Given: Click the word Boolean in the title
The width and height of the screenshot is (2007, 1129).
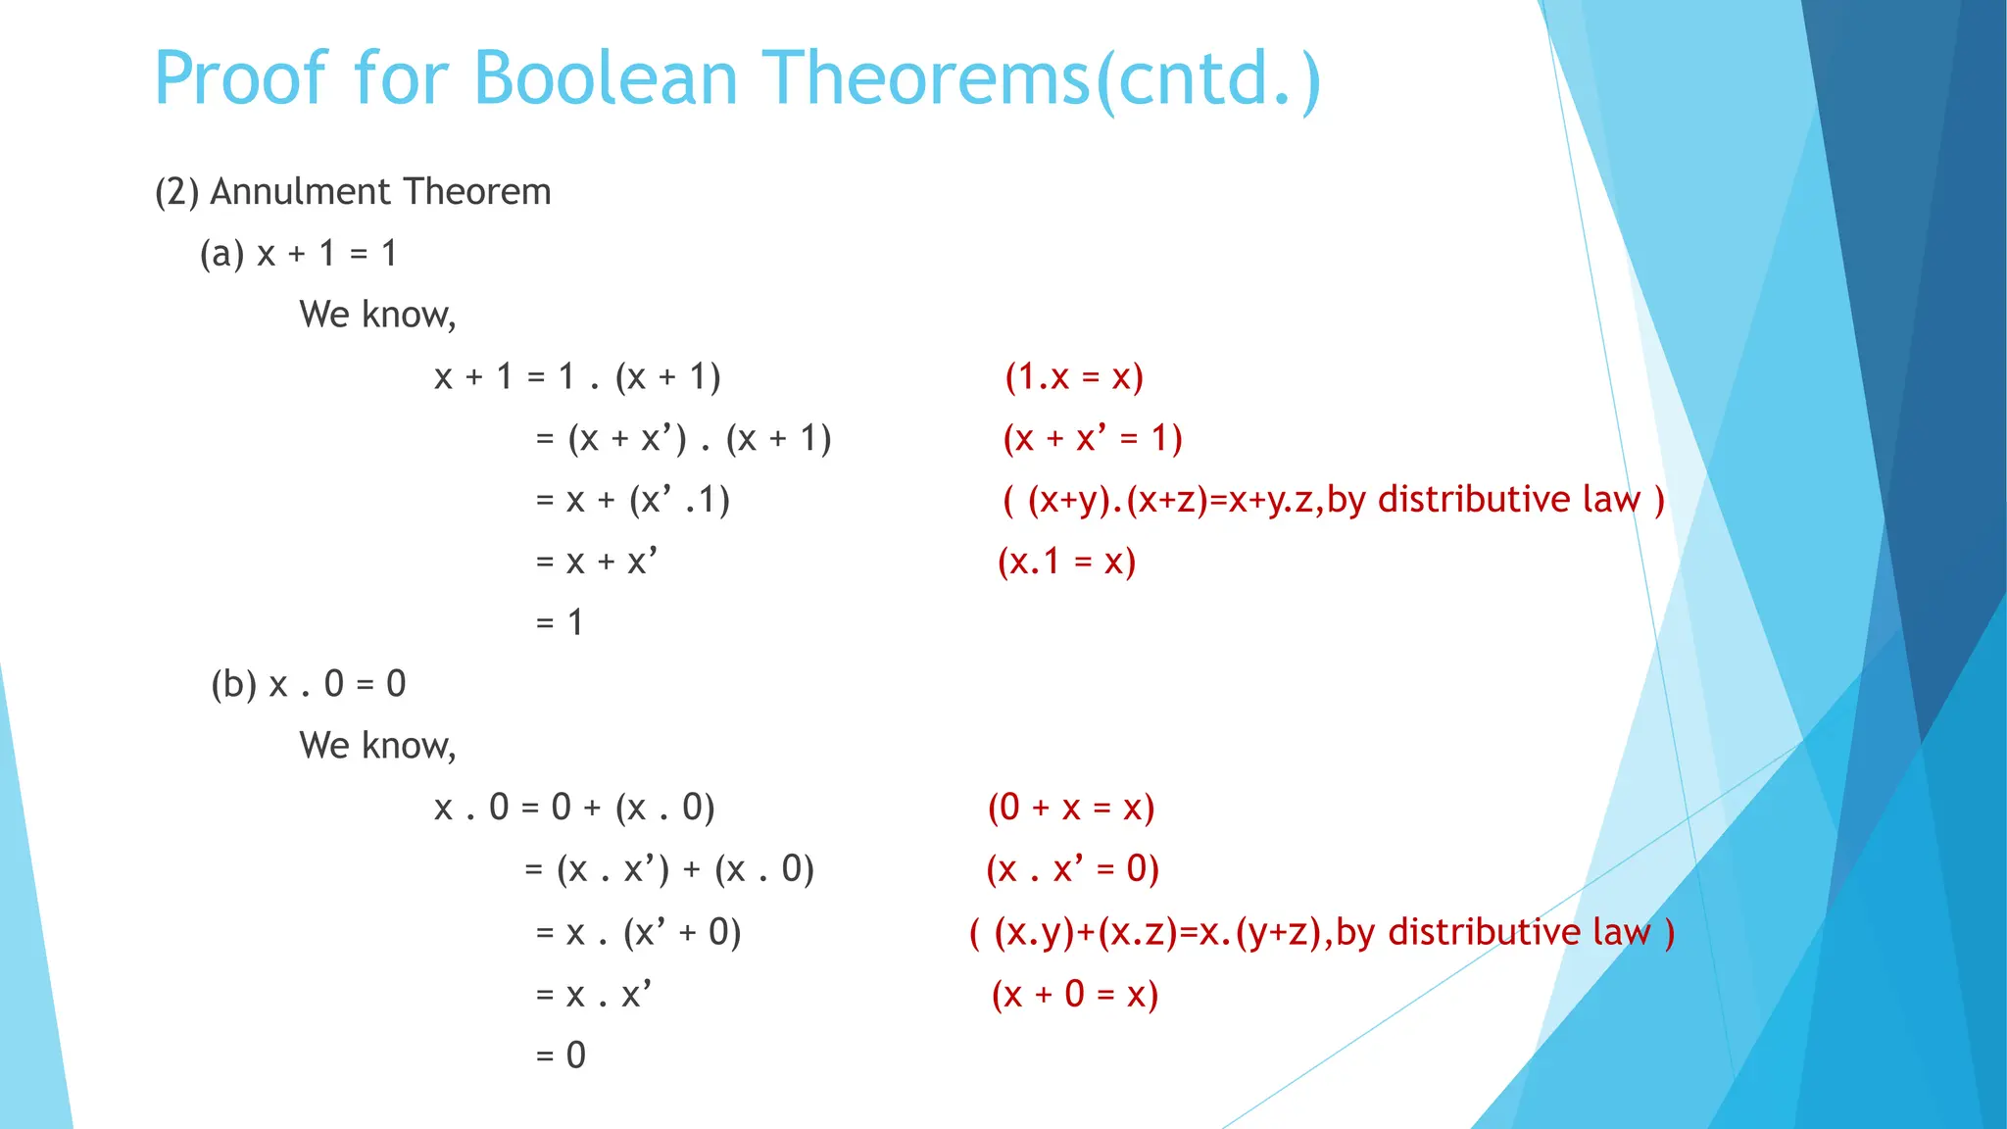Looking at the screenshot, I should coord(606,78).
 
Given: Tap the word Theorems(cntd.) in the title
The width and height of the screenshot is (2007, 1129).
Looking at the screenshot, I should coord(1042,78).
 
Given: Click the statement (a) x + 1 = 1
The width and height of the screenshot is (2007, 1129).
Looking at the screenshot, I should coord(299,254).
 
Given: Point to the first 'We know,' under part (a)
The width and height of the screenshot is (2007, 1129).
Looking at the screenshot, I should coord(378,315).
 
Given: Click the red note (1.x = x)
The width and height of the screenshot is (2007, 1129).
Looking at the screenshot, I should coord(1074,376).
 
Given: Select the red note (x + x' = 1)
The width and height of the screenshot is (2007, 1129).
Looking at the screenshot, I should coord(1093,438).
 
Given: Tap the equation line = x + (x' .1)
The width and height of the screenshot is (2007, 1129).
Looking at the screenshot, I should coord(633,500).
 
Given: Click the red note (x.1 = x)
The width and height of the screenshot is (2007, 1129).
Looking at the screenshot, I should coord(1066,562).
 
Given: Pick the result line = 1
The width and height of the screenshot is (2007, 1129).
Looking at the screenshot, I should coord(560,622).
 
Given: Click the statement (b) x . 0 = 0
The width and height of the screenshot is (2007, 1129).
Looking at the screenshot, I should coord(308,684).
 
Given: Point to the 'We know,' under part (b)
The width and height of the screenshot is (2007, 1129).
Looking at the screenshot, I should coord(378,746).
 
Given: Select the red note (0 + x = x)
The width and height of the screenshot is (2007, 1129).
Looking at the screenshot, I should coord(1071,808).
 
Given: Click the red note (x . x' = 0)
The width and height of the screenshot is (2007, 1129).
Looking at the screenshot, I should coord(1072,869).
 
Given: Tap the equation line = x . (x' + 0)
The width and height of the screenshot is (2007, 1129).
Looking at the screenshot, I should coord(638,932).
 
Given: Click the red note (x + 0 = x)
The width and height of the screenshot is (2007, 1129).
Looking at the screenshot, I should coord(1075,995).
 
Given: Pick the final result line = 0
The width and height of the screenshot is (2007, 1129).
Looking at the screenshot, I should coord(561,1055).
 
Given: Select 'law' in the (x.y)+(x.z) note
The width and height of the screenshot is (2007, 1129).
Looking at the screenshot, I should coord(1622,932).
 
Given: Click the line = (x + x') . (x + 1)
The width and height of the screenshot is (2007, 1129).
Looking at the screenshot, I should coord(683,438).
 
